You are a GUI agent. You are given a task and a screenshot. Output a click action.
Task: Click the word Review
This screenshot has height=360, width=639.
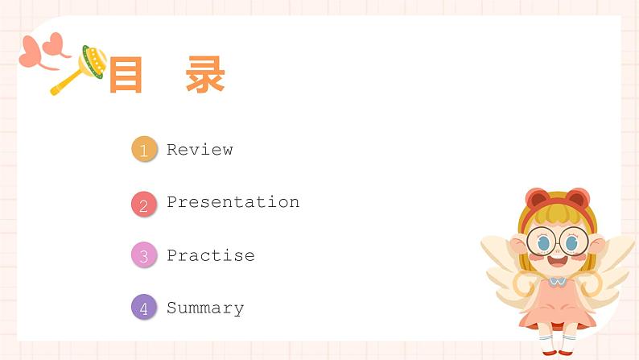click(200, 150)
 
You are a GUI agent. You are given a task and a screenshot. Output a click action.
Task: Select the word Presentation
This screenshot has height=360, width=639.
click(233, 202)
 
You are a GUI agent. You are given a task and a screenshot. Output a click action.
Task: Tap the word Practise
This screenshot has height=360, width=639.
click(210, 255)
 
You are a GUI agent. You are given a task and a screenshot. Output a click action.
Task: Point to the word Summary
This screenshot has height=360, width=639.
click(204, 308)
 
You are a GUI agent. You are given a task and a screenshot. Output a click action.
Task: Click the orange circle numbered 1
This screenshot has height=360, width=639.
click(144, 150)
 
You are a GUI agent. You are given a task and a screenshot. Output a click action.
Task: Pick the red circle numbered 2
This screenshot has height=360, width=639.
click(144, 205)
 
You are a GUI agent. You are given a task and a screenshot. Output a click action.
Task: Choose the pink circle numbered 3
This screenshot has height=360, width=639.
click(144, 256)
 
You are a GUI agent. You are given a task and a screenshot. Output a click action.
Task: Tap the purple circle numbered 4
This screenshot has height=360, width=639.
click(144, 308)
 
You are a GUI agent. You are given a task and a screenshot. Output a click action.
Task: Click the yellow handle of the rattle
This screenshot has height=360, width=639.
click(65, 81)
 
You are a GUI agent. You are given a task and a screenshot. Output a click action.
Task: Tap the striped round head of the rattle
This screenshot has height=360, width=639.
click(93, 61)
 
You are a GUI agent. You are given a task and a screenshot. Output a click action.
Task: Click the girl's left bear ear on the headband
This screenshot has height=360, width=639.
click(536, 198)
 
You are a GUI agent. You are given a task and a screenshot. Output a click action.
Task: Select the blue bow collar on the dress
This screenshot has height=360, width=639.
click(557, 282)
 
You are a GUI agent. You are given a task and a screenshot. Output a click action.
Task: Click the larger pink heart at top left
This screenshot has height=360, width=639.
click(33, 54)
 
